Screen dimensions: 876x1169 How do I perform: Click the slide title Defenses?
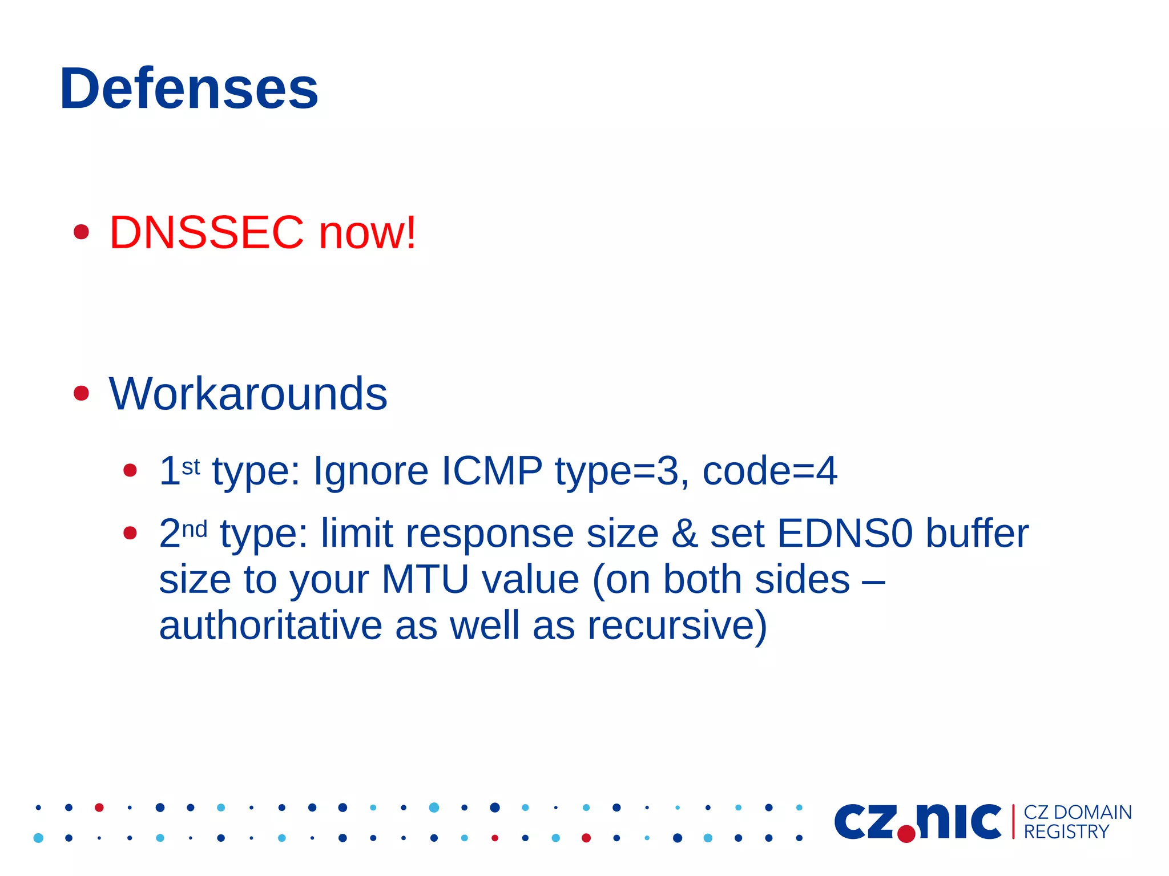(189, 88)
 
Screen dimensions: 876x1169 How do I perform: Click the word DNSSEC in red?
(207, 233)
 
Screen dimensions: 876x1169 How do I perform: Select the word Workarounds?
(248, 394)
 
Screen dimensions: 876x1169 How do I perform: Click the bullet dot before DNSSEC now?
(82, 232)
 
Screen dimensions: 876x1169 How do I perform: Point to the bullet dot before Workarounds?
(82, 393)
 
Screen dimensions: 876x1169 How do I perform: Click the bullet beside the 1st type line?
(130, 470)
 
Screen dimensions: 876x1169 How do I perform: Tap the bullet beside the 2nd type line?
(130, 533)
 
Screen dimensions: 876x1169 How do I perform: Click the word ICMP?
(491, 471)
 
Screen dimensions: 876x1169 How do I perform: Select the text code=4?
(769, 471)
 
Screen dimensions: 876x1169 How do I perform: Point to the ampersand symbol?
(684, 534)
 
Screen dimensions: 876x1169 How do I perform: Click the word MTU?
(425, 580)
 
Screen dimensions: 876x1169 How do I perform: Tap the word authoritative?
(271, 625)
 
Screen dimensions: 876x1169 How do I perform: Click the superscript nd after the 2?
(194, 530)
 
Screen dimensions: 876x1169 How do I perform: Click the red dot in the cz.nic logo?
(906, 834)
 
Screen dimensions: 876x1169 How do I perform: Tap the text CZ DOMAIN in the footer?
(1078, 812)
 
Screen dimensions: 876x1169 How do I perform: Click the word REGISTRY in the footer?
(1066, 832)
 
